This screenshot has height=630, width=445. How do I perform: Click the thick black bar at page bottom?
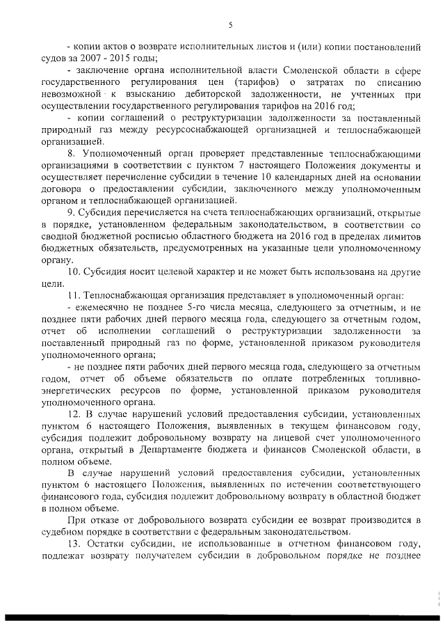(x=222, y=617)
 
